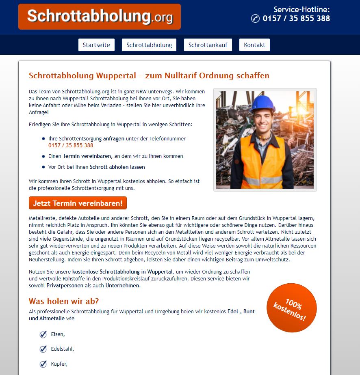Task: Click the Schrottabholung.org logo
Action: coord(100,17)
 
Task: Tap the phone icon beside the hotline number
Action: coord(255,18)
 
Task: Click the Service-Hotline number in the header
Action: coord(296,18)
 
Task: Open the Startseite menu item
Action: coord(96,45)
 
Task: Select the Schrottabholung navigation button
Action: coord(149,45)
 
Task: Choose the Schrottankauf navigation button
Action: coord(208,45)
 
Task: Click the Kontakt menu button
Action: coord(254,45)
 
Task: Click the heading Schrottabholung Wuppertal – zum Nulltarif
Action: coord(149,75)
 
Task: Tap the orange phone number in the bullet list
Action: coord(71,145)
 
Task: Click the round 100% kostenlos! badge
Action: coord(291,308)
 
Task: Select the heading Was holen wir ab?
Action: coord(64,301)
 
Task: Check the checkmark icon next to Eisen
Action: coord(43,334)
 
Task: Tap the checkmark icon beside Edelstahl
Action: coord(43,349)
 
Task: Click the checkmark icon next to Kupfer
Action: coord(43,364)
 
